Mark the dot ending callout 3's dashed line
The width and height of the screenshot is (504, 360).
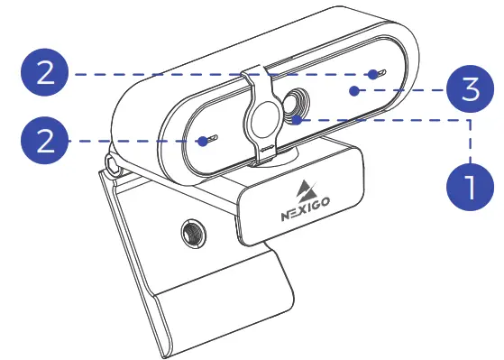pyautogui.click(x=356, y=89)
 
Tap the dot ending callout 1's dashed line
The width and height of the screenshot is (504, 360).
pyautogui.click(x=298, y=117)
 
